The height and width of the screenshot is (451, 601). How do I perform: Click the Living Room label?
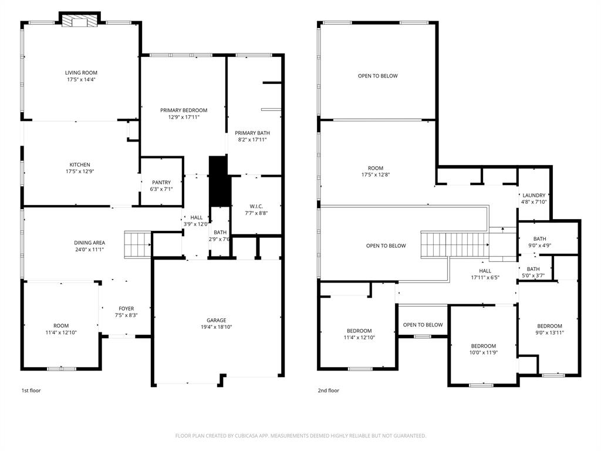point(81,73)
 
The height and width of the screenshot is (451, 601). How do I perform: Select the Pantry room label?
point(161,183)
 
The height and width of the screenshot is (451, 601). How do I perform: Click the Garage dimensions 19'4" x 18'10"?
point(216,328)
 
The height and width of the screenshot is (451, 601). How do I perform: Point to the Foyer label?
point(126,308)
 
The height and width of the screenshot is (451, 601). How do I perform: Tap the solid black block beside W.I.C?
point(218,181)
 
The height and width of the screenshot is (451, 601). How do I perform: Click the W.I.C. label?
point(256,206)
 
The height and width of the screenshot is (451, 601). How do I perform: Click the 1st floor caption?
point(31,391)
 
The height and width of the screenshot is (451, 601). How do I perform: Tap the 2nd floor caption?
point(329,391)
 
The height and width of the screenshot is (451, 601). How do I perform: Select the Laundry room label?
point(534,196)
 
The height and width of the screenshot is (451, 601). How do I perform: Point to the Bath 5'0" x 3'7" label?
point(533,268)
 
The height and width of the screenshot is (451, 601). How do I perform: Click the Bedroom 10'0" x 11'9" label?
point(484,346)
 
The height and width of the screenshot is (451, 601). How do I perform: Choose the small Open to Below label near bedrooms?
point(423,325)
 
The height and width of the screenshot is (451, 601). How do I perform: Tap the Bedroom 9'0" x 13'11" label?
point(549,326)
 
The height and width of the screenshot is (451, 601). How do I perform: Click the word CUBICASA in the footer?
point(242,436)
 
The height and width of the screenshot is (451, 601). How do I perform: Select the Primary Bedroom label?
point(184,110)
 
